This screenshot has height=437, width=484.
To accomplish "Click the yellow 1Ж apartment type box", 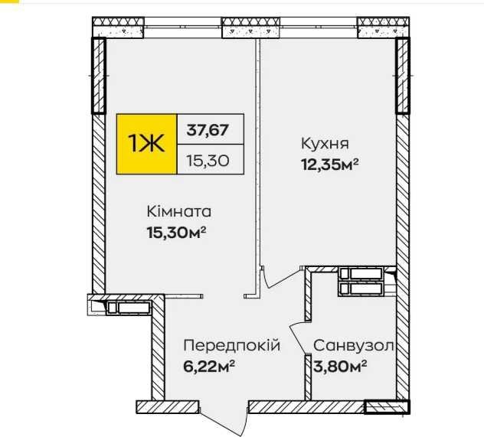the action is coord(146,144).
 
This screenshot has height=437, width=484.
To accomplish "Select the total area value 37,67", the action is coord(208,130).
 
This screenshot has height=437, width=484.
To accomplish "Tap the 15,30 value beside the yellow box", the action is coord(208,161).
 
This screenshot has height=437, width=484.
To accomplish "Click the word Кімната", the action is coord(179,212).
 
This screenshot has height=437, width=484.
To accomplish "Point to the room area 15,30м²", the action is coord(177,232).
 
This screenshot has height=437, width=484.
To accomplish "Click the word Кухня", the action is coord(325,144).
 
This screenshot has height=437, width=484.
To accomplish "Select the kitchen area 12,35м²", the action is coord(329,165).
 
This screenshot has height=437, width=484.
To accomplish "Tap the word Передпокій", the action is coord(232,345).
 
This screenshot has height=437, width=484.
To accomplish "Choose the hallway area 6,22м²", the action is coord(209,366).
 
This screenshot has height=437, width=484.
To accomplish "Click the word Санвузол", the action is coord(353,346).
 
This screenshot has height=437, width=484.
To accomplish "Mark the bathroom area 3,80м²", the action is coord(340,367).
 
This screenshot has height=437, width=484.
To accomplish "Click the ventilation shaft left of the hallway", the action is coord(129,308).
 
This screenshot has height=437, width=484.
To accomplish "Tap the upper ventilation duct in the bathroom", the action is coord(361,273).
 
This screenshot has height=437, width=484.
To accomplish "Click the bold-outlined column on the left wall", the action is coord(99,76).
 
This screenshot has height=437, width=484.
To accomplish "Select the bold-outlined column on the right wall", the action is coord(403,76).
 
